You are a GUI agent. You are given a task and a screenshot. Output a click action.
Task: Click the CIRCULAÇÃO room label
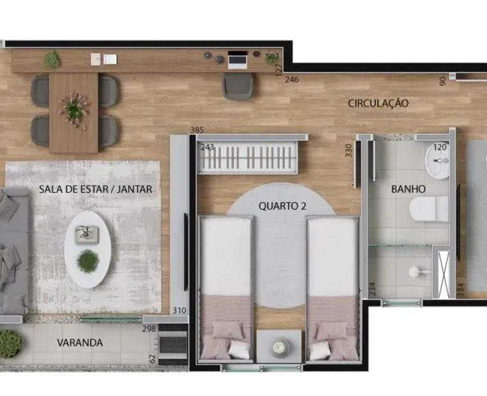click(x=378, y=103)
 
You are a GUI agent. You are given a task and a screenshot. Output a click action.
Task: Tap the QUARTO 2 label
click(x=282, y=206)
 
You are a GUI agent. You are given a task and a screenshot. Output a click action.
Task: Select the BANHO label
click(x=408, y=189)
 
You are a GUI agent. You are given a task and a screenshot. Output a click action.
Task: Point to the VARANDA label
click(x=80, y=343)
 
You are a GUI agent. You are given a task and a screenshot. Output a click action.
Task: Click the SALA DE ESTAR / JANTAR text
click(x=95, y=189)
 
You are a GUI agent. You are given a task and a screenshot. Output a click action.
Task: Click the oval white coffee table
click(x=87, y=250)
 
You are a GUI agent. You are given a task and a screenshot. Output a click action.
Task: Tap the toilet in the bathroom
click(x=429, y=208)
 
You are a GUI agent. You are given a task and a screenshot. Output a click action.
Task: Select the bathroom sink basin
click(x=437, y=161)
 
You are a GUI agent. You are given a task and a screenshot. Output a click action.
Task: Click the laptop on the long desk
click(x=237, y=60)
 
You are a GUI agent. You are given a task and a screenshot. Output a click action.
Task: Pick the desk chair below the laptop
click(x=237, y=86)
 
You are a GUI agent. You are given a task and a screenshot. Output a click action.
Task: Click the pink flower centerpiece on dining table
click(x=74, y=109)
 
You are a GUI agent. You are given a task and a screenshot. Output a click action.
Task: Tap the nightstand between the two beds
click(x=279, y=347)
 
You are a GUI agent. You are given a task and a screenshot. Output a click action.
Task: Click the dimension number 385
click(x=197, y=129)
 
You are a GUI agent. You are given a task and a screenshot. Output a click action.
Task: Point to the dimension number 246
click(x=292, y=80)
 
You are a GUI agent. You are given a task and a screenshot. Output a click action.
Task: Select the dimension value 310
click(x=179, y=310)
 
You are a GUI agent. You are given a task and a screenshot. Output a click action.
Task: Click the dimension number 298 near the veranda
click(x=149, y=329)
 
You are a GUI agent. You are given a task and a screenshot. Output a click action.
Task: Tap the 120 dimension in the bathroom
click(x=440, y=147)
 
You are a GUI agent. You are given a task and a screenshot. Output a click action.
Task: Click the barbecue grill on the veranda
click(x=172, y=344)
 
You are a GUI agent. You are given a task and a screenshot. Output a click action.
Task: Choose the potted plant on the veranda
click(x=10, y=343)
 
